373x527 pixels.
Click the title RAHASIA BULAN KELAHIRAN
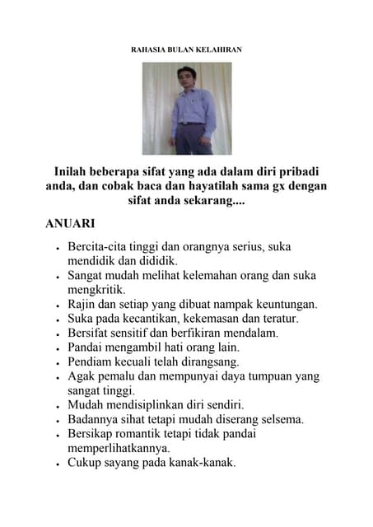[186, 50]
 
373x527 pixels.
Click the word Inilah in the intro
[72, 171]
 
